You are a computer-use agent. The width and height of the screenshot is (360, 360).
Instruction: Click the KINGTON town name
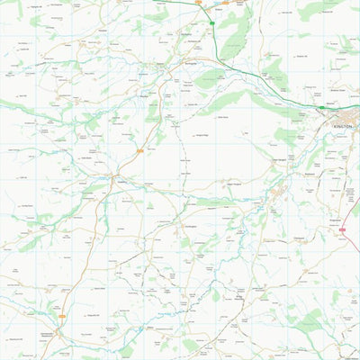pyautogui.click(x=344, y=127)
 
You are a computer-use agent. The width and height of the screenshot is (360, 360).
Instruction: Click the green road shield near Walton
pyautogui.click(x=211, y=22)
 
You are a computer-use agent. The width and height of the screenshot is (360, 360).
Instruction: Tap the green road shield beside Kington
pyautogui.click(x=321, y=108)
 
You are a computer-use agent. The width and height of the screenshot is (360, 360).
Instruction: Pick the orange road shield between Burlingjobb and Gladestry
pyautogui.click(x=140, y=151)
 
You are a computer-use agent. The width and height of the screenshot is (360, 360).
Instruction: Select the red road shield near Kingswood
pyautogui.click(x=343, y=230)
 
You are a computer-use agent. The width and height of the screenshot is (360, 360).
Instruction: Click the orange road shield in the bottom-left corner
pyautogui.click(x=61, y=316)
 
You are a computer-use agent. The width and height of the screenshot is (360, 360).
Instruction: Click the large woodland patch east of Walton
pyautogui.click(x=236, y=36)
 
